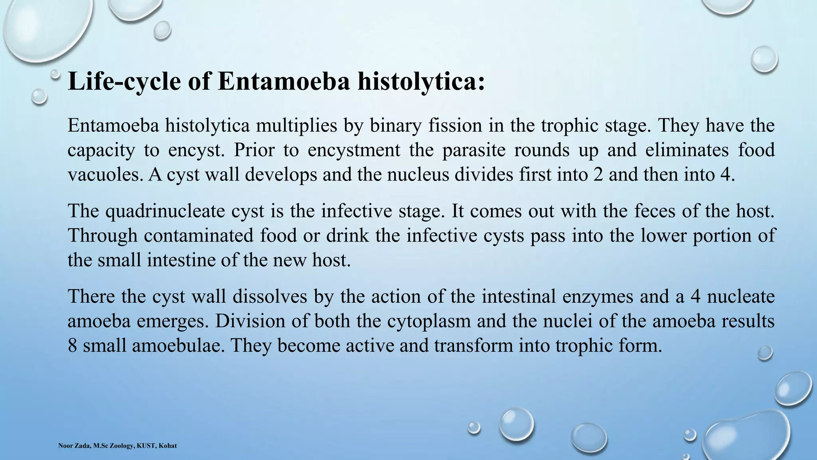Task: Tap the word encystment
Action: (354, 151)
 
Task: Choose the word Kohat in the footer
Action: (168, 446)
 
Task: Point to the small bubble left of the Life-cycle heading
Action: (39, 96)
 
